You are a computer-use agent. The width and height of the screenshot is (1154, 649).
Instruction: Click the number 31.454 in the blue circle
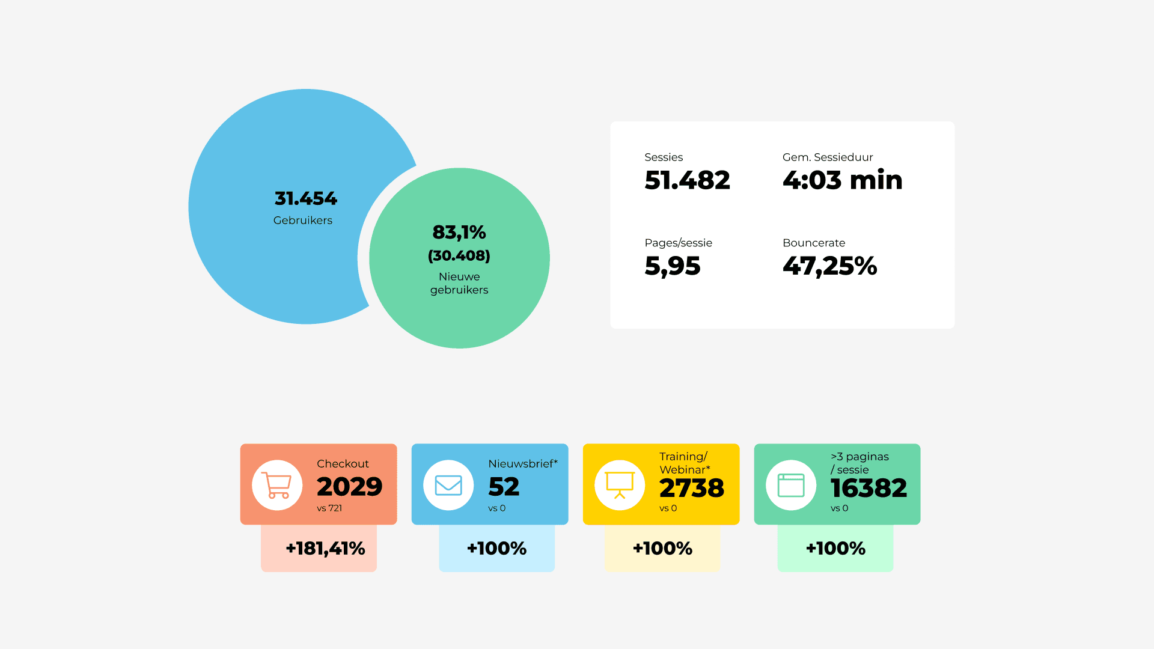305,198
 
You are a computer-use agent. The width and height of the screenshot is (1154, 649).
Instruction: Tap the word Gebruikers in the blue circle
302,221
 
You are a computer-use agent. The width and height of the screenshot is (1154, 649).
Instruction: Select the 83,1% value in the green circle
459,232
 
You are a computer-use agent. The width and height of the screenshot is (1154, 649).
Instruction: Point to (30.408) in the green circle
459,256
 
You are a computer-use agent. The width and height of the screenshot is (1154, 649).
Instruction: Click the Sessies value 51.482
687,180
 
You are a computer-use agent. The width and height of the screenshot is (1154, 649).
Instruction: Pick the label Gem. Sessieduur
827,157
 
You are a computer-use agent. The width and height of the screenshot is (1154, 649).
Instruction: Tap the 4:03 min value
842,180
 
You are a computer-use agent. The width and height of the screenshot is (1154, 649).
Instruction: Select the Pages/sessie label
678,243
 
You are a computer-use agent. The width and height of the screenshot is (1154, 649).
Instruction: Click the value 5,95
672,266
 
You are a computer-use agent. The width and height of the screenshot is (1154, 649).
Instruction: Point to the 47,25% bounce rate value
829,266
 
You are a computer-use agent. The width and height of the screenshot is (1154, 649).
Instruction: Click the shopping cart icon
276,485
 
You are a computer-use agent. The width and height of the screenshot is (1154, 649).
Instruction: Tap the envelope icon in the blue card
448,485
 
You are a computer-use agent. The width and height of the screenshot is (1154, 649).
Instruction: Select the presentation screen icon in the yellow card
620,485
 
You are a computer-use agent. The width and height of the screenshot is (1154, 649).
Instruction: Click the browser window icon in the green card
791,485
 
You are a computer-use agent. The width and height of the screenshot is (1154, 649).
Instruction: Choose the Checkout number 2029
349,487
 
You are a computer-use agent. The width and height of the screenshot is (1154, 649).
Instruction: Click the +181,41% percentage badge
325,548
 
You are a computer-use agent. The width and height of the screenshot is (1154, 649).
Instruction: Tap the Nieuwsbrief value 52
504,487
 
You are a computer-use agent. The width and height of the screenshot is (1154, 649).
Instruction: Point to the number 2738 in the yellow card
691,488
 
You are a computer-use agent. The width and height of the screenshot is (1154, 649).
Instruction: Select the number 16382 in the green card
869,488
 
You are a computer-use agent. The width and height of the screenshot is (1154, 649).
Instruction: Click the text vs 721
329,508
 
